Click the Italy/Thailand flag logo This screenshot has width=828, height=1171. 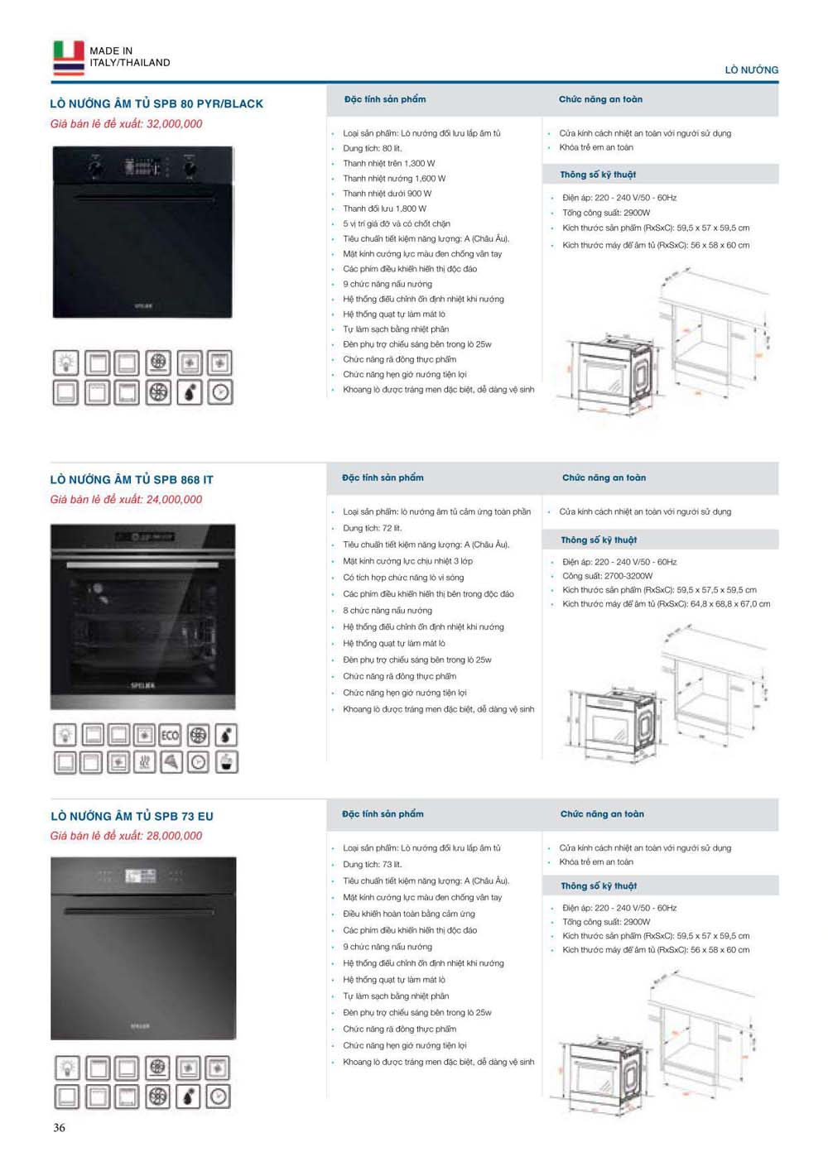pos(69,57)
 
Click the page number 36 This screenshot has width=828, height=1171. pos(59,1127)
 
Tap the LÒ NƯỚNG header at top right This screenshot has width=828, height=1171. pos(751,70)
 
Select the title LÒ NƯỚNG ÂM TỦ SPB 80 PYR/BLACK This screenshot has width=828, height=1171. pos(156,103)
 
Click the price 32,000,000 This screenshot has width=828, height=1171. pos(174,124)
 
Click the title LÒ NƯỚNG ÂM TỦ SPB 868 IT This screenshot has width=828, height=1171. pos(132,480)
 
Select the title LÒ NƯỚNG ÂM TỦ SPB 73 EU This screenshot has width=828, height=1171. pos(132,816)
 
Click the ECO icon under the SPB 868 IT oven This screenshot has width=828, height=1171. pos(171,735)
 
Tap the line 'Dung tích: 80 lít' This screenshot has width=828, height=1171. pos(372,148)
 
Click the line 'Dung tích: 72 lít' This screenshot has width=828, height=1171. pos(372,528)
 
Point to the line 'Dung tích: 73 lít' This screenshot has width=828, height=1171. pos(372,865)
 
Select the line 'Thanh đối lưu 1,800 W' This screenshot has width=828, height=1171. pos(384,209)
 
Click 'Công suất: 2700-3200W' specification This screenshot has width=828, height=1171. pos(607,576)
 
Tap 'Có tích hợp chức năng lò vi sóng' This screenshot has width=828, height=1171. pos(403,578)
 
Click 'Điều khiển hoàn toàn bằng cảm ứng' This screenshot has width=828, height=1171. pos(409,914)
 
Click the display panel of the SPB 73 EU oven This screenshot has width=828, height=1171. pos(141,876)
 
